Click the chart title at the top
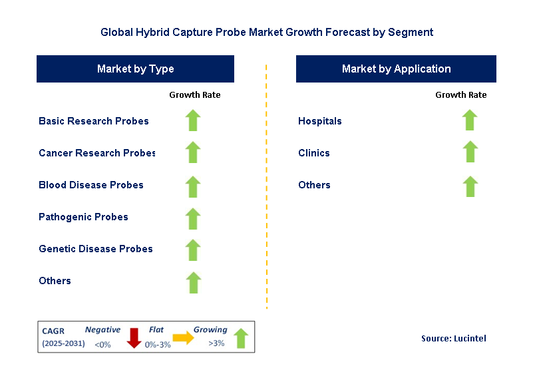(266, 32)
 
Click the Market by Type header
(135, 69)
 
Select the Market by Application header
(396, 69)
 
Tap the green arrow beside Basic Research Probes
(193, 120)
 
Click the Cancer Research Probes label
(96, 153)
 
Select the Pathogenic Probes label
(83, 217)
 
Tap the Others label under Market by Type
(55, 281)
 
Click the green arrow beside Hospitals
(470, 120)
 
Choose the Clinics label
(314, 153)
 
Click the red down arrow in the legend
(134, 337)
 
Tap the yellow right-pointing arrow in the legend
(183, 338)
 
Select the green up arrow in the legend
(240, 337)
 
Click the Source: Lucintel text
(453, 339)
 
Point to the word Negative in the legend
(102, 330)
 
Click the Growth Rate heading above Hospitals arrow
(460, 95)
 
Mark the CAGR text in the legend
(53, 331)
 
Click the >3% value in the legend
(216, 344)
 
